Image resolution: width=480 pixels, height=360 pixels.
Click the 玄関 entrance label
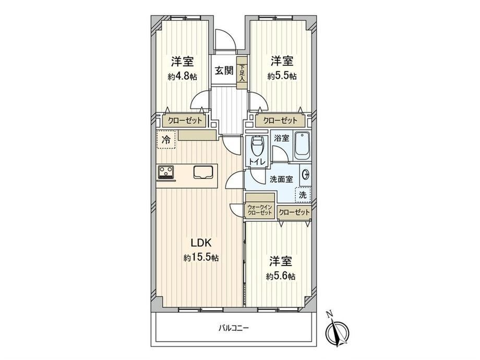coord(224,71)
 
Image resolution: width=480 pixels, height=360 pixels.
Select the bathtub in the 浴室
coord(303,146)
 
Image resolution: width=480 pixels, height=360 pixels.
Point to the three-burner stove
coord(165,172)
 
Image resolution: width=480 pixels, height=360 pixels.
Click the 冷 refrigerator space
coord(166,140)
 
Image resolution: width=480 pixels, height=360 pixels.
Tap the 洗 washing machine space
coord(303,195)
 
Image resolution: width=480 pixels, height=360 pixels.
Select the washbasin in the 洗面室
coord(306,175)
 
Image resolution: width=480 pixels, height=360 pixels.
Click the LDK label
coord(201,243)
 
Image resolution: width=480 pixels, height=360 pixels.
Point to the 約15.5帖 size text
coord(201,258)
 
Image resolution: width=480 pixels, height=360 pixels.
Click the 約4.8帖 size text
coord(182,76)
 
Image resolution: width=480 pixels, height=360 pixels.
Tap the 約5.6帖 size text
coord(281,277)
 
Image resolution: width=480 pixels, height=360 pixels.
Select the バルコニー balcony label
coord(234,329)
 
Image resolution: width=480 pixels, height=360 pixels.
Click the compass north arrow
coord(336,330)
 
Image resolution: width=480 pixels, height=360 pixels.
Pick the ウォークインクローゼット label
coord(260,210)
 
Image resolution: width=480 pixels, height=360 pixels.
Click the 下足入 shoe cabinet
coord(242,73)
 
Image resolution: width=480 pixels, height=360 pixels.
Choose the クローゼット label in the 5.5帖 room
coord(280,121)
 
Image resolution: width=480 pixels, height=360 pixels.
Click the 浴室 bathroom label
coord(281,138)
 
